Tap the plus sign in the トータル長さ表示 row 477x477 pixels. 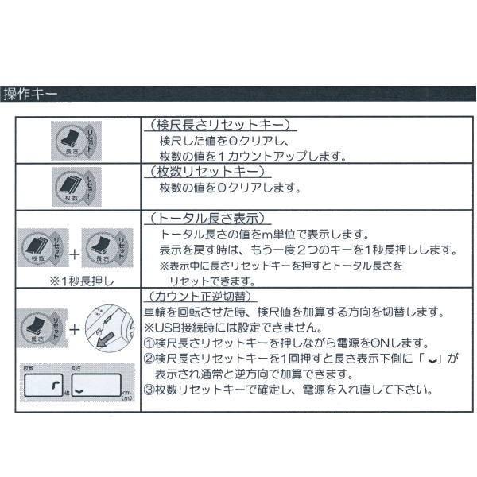coord(72,254)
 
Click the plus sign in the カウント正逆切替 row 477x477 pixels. coord(72,328)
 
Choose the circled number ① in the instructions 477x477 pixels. coord(149,343)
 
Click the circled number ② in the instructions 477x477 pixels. coord(149,359)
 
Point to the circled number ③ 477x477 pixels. coord(149,390)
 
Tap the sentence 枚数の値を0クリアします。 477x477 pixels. coord(230,188)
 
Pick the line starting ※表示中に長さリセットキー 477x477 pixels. coord(281,266)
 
